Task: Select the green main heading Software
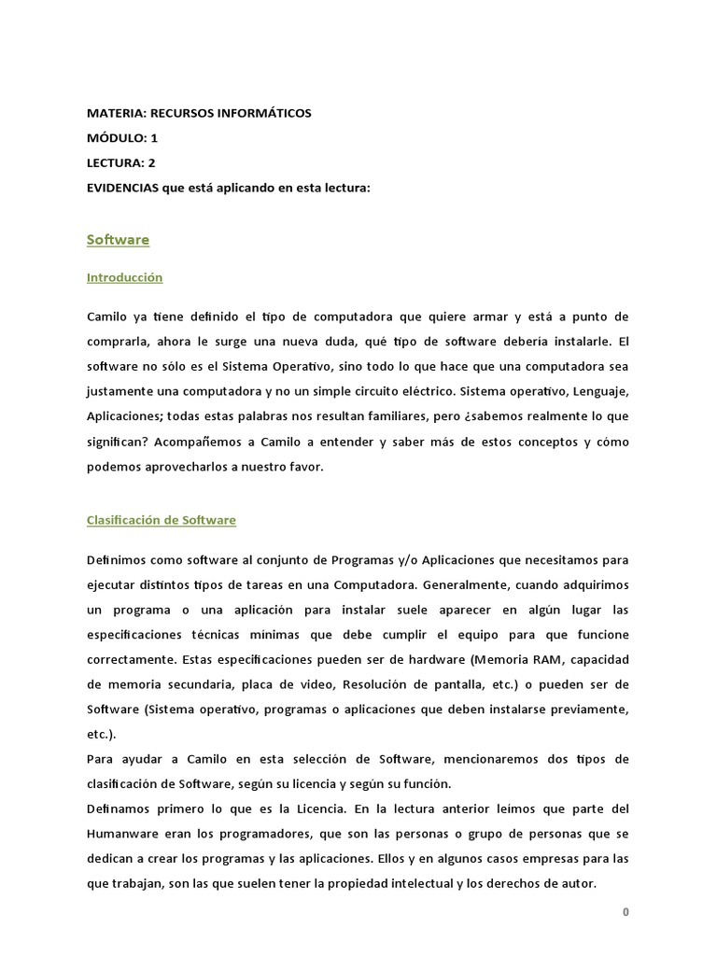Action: [x=118, y=240]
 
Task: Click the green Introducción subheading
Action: [x=124, y=277]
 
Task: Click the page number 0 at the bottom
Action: [x=626, y=913]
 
